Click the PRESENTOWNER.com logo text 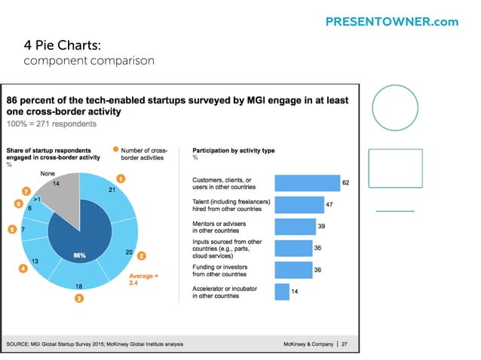[x=391, y=22]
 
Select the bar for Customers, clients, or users [x=307, y=183]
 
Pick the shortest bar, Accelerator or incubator [x=282, y=292]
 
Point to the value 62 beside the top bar [x=345, y=183]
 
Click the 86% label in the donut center [x=79, y=255]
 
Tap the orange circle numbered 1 [x=120, y=178]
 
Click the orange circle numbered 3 [x=78, y=299]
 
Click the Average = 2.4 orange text [x=143, y=279]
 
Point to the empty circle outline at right [x=394, y=108]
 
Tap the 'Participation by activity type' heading [x=234, y=151]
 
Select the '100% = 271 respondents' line [x=51, y=124]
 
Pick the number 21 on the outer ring [x=112, y=190]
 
